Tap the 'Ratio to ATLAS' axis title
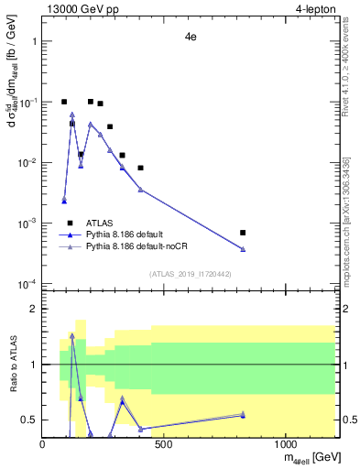(x=13, y=364)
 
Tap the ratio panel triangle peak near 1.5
(x=72, y=335)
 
